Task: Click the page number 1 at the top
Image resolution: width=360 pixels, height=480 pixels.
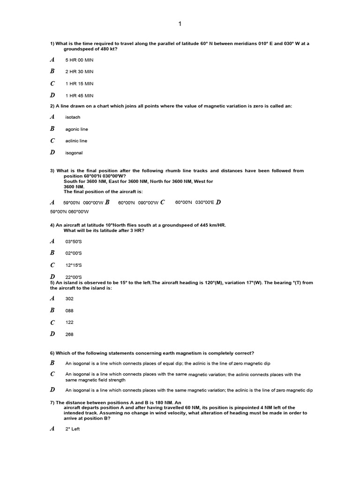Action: (180, 24)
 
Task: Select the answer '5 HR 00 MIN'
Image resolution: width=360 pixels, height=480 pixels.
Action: (79, 60)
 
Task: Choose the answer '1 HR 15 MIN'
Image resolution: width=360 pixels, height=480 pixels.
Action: (79, 84)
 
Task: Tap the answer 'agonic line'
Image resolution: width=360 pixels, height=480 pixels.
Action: (76, 129)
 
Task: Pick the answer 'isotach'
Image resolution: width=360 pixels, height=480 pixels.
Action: (73, 117)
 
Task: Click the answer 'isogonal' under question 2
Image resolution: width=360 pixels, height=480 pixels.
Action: (74, 153)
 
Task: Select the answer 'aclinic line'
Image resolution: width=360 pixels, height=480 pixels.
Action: (76, 141)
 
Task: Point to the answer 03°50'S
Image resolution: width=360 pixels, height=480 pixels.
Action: (74, 241)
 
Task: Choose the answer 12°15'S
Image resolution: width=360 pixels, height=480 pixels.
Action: (74, 265)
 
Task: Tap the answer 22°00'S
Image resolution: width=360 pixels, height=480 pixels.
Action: (74, 277)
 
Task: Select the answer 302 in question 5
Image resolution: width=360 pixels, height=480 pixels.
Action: (69, 299)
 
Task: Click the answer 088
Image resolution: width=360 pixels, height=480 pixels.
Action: (69, 310)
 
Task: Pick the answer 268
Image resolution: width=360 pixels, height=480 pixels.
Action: (69, 334)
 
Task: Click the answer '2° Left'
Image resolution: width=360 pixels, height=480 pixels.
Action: (73, 429)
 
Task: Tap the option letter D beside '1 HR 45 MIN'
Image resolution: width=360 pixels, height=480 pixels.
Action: (52, 95)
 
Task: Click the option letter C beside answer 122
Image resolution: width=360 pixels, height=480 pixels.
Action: (52, 322)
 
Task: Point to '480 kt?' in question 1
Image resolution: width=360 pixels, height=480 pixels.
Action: (108, 48)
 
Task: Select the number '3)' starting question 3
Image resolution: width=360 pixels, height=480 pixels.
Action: (52, 171)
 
